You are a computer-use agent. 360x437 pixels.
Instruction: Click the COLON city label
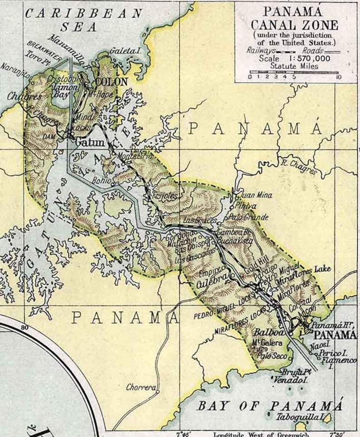112,82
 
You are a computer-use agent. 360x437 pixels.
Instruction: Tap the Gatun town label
90,142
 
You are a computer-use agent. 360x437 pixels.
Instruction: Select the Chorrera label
141,388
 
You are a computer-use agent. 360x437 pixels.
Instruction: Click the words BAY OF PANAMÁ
269,405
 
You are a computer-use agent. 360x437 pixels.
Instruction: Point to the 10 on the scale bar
338,77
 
